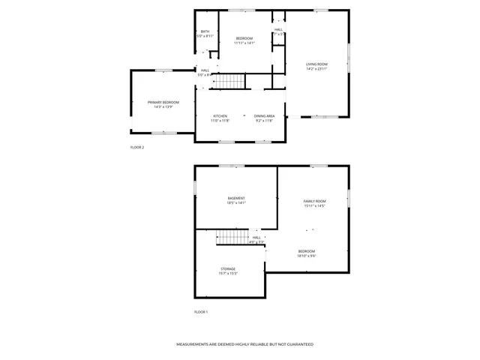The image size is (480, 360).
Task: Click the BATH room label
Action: pyautogui.click(x=205, y=31)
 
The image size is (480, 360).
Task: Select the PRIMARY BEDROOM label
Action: pyautogui.click(x=163, y=102)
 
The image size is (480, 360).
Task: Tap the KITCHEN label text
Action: pyautogui.click(x=220, y=115)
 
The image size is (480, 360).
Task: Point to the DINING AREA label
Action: pyautogui.click(x=264, y=115)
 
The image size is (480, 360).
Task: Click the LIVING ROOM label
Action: pyautogui.click(x=316, y=64)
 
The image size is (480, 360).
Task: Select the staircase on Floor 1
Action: pyautogui.click(x=233, y=238)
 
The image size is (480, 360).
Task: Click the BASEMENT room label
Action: pyautogui.click(x=236, y=198)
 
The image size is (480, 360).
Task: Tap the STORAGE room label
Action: pyautogui.click(x=228, y=268)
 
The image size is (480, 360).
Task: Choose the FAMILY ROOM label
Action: pyautogui.click(x=314, y=201)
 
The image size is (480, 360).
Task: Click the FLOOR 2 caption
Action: pyautogui.click(x=137, y=147)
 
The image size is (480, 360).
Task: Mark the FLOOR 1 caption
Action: pyautogui.click(x=201, y=311)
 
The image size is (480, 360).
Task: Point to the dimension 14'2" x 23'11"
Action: pyautogui.click(x=316, y=69)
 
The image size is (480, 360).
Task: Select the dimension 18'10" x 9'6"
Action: pyautogui.click(x=306, y=256)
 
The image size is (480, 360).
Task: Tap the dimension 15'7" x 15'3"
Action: pyautogui.click(x=228, y=273)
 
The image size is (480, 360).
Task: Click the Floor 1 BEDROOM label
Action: pyautogui.click(x=306, y=251)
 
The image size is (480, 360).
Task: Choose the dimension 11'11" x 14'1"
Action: pyautogui.click(x=244, y=43)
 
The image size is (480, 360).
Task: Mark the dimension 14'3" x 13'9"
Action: pyautogui.click(x=163, y=106)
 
